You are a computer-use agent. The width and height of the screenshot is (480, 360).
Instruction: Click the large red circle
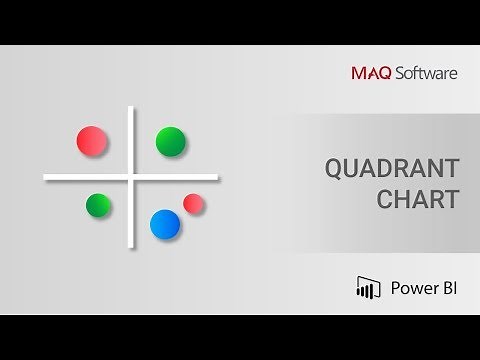92,141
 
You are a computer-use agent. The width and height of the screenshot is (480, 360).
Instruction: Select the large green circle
171,141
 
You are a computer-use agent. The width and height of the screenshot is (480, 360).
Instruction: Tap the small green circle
98,206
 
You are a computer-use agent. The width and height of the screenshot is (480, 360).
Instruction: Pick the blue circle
164,224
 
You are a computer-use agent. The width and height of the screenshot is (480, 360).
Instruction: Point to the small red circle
194,204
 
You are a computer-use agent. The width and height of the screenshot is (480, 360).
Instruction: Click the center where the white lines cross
132,178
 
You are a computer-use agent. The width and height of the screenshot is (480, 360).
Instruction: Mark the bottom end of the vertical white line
132,248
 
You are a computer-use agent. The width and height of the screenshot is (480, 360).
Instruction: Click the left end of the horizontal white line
46,178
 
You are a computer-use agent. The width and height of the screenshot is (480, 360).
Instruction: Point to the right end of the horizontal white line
217,178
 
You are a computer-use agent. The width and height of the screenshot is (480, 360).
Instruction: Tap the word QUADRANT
391,168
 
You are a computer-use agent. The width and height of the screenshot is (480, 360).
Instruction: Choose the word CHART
417,198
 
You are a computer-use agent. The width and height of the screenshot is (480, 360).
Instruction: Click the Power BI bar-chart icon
368,288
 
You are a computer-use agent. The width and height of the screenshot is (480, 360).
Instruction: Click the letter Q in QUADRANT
333,168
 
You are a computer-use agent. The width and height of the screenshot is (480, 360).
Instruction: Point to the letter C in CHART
385,198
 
